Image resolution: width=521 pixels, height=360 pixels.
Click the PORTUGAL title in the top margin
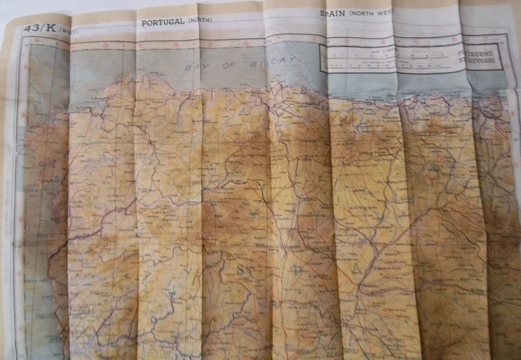pyautogui.click(x=163, y=22)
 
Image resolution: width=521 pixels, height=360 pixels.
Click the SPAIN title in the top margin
pyautogui.click(x=333, y=14)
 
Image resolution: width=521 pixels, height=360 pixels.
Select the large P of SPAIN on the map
pyautogui.click(x=298, y=271)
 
